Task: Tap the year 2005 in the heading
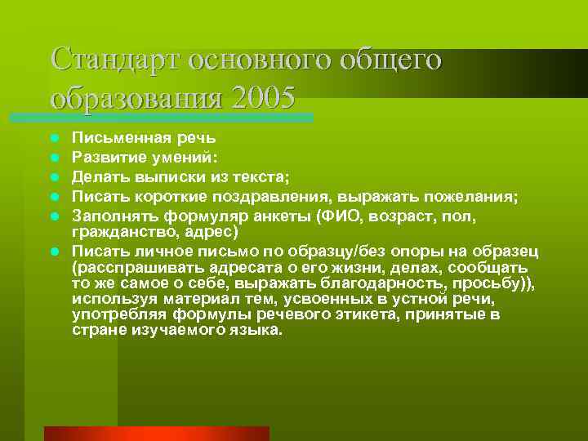coord(263,97)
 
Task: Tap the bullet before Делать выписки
coord(54,176)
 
